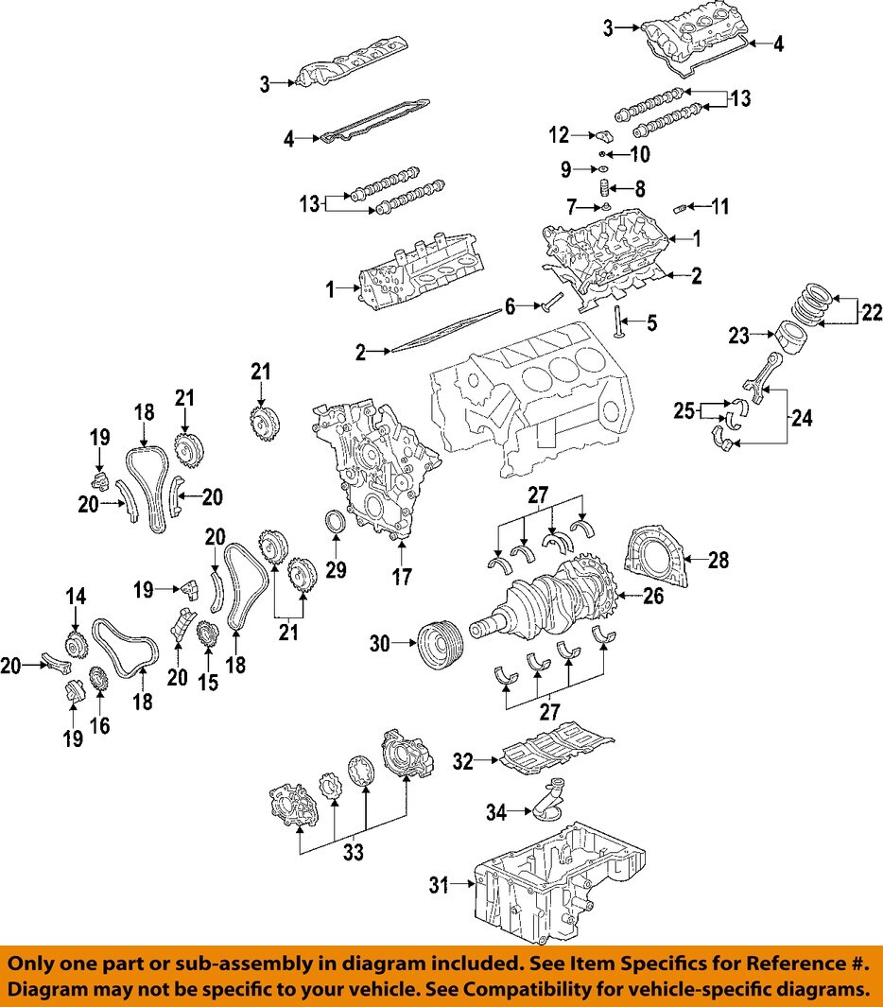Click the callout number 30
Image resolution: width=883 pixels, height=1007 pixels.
tap(379, 644)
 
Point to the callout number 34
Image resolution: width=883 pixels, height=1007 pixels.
tap(497, 811)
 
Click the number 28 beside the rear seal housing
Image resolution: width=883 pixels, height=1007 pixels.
tap(719, 561)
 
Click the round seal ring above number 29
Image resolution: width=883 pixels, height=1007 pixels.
tap(336, 523)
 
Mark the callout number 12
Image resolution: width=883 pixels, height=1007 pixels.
tap(559, 135)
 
